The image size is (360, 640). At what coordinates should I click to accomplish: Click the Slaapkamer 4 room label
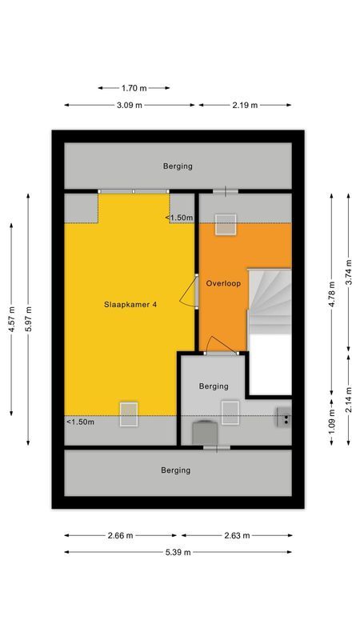129,304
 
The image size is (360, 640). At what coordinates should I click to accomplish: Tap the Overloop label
223,283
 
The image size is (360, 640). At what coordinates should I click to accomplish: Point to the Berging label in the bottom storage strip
175,470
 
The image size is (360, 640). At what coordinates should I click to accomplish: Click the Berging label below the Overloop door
214,386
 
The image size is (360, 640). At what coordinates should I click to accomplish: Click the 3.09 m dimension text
130,105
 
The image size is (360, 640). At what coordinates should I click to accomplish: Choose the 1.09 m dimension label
330,422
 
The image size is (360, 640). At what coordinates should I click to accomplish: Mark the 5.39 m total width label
178,552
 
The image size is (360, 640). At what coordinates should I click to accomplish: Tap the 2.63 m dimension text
236,535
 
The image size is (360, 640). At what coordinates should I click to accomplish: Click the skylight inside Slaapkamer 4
129,413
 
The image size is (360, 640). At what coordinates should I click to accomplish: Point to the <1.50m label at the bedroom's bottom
80,422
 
